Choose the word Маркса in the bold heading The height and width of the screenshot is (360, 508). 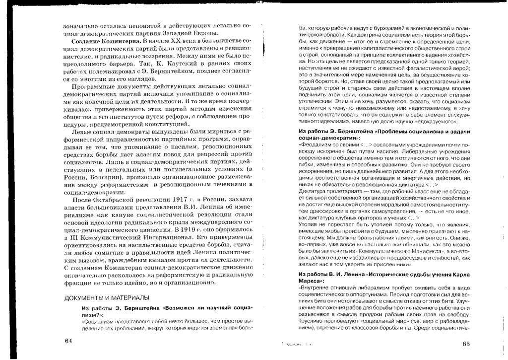pos(310,281)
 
